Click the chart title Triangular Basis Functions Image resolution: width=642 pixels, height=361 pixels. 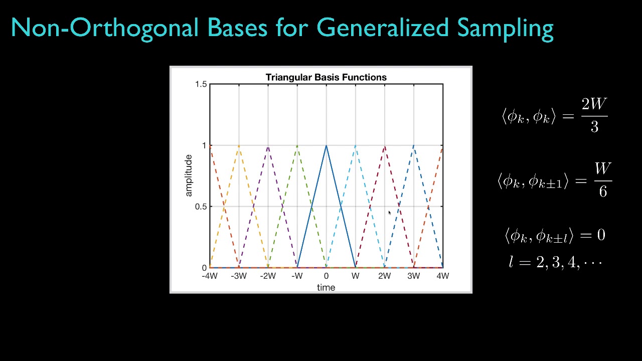[x=326, y=77]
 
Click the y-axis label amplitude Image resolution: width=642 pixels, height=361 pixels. [x=189, y=175]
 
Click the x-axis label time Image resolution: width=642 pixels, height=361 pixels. [x=326, y=287]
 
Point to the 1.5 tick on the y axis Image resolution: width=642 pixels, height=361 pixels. [x=201, y=84]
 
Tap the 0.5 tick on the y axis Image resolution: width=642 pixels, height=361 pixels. [x=201, y=207]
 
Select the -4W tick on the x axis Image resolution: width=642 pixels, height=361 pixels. [x=210, y=276]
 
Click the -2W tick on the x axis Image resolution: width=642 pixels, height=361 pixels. [x=268, y=276]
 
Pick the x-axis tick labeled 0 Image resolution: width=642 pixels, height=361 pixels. [x=326, y=276]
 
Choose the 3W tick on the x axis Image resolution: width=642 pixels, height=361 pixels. [x=413, y=276]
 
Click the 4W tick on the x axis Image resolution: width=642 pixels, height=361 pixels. [x=442, y=276]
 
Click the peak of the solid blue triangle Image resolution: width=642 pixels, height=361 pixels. [x=326, y=145]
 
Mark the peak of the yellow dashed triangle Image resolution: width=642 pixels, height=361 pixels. [x=239, y=145]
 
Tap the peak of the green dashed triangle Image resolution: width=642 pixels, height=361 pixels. [x=297, y=145]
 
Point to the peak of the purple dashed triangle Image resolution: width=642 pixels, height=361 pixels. [x=268, y=145]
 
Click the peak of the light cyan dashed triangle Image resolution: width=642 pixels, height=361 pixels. [x=355, y=145]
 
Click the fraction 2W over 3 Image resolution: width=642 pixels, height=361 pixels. [x=594, y=115]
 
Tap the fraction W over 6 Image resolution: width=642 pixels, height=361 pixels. [x=602, y=179]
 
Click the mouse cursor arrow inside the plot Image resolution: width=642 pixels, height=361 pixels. [x=390, y=213]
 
